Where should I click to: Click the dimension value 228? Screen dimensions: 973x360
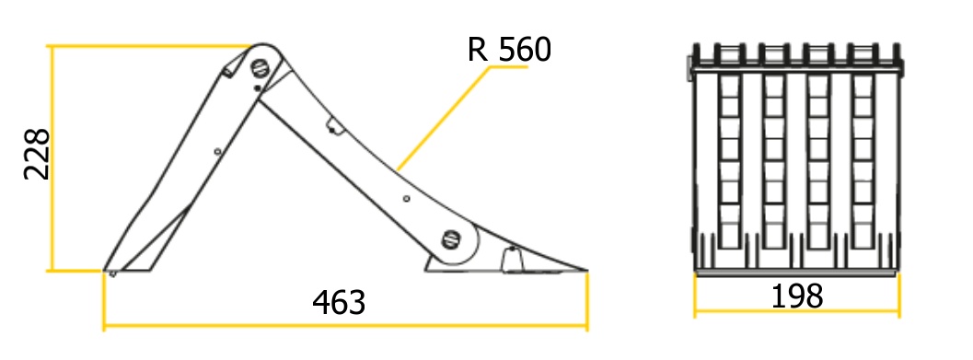coord(36,155)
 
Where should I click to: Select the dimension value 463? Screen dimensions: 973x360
coord(339,302)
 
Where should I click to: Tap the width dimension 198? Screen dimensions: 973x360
coord(797,296)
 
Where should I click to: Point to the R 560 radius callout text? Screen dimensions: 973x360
coord(509,50)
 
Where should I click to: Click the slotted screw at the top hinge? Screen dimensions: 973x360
coord(261,67)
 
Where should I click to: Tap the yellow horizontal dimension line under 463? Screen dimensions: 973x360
coord(345,325)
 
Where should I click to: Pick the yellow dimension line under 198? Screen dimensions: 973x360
coord(797,311)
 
